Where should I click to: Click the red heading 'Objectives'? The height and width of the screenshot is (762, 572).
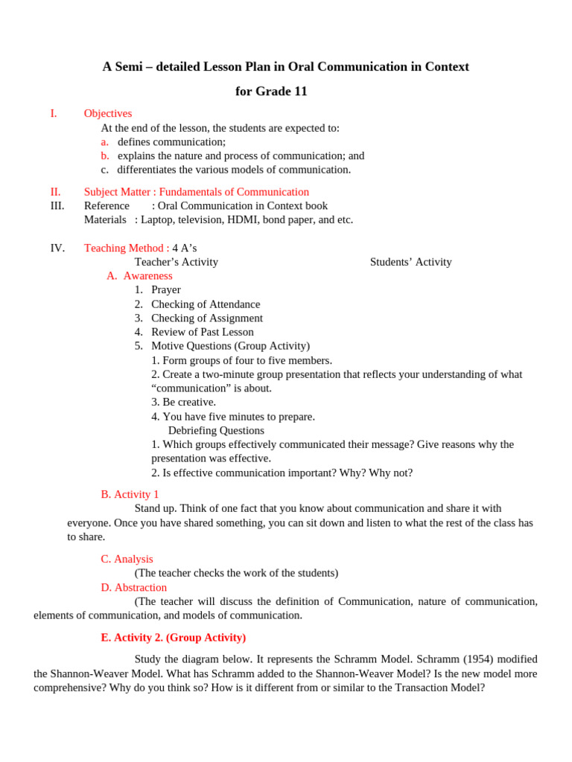point(107,114)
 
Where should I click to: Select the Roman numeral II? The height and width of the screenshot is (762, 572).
point(55,192)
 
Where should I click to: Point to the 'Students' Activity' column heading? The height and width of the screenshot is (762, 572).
point(410,262)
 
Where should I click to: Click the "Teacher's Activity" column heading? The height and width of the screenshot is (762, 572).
point(176,262)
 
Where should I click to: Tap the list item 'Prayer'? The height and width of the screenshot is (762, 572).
point(165,290)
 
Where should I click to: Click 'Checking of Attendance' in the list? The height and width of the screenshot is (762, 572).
point(206,304)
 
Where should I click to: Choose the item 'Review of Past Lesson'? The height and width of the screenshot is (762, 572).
point(202,332)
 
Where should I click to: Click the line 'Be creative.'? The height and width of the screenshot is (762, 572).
point(183,402)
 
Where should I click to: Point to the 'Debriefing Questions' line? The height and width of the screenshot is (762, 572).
point(216,430)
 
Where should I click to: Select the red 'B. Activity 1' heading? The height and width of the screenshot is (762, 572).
point(130,494)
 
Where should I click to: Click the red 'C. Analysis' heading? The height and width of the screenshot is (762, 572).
point(127,559)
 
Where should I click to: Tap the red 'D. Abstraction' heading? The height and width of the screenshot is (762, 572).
point(133,587)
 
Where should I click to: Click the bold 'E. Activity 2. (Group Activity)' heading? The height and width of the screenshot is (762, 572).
point(173,638)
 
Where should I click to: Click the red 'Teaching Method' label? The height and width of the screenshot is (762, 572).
point(124,248)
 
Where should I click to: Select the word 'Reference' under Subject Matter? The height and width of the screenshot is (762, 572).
point(107,205)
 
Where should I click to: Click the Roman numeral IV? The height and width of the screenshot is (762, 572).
point(57,248)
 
